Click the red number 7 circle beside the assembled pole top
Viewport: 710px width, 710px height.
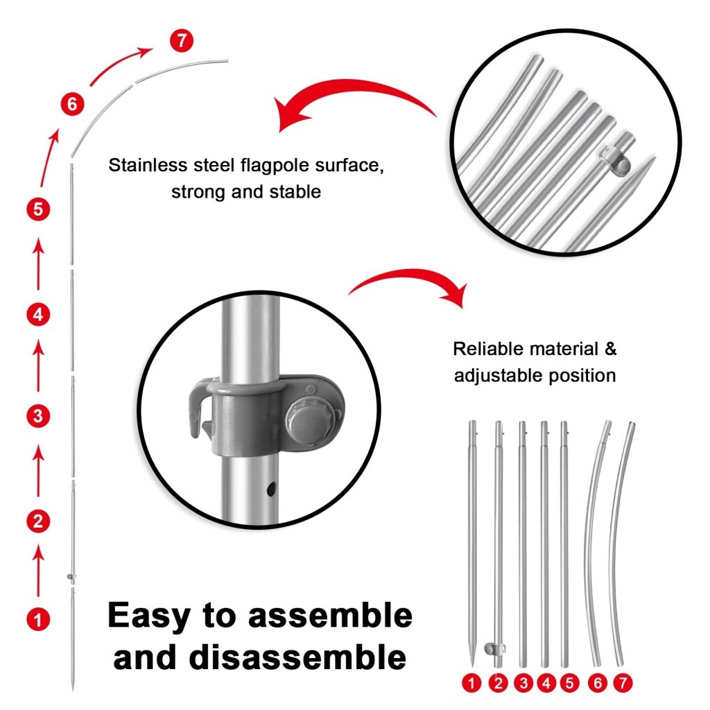181,40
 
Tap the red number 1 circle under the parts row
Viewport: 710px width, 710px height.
473,682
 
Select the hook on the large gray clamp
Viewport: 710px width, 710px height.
198,410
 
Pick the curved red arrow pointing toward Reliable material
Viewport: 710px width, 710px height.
409,284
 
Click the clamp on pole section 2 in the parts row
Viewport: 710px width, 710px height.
495,648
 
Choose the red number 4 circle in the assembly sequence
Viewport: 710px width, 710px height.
38,314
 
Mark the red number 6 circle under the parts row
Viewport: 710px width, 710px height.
598,682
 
